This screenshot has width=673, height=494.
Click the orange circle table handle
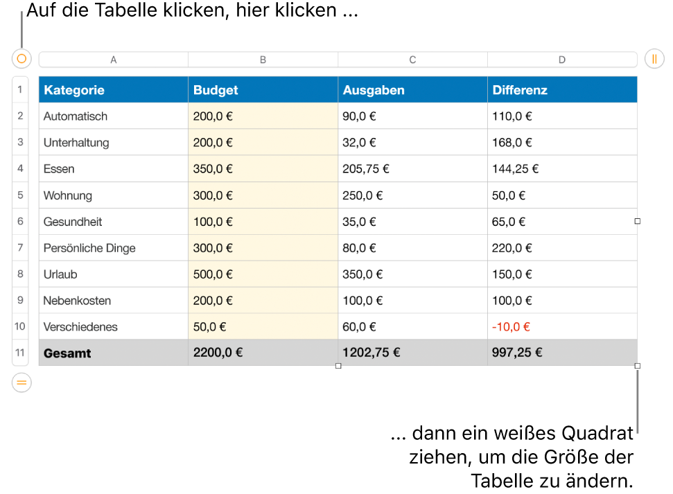coord(21,58)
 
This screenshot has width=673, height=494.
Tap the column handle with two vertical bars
coord(654,58)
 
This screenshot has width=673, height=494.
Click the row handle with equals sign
coord(21,382)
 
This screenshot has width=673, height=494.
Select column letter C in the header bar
coord(412,60)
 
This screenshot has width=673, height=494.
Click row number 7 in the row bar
coord(20,247)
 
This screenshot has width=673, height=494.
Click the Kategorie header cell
coord(113,89)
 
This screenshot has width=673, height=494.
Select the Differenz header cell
coord(562,89)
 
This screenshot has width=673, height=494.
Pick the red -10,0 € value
coord(511,327)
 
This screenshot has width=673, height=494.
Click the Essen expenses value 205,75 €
coord(366,169)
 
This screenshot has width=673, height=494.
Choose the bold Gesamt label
coord(67,353)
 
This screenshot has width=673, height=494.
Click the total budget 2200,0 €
coord(218,353)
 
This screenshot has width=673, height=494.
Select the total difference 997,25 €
coord(517,353)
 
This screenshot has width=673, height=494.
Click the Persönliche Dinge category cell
coord(113,247)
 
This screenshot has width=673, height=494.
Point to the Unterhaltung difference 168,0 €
coord(512,143)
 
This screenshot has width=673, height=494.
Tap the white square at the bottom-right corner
coord(638,366)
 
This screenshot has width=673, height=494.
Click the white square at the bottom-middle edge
coord(338,366)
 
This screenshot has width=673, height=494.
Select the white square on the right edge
coord(638,221)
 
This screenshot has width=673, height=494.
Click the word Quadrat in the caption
coord(597,434)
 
